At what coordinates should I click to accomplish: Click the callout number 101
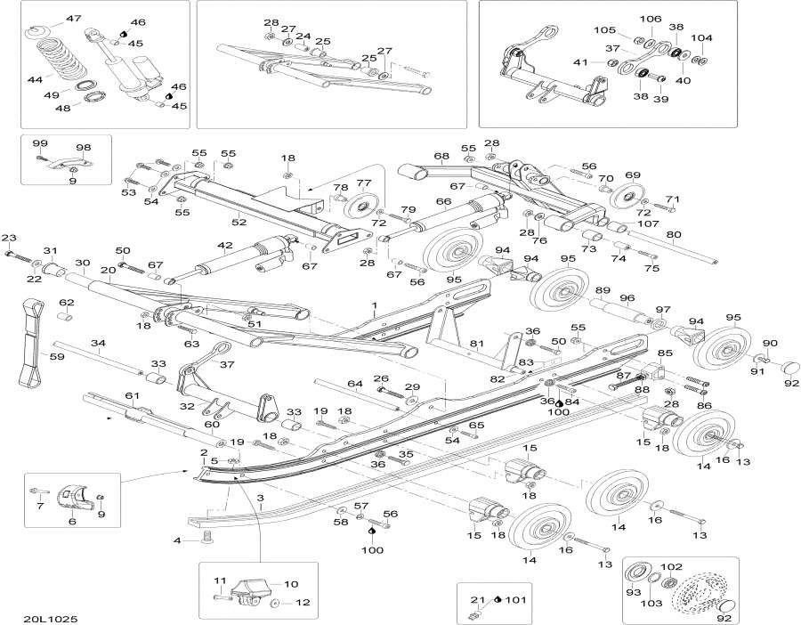click(515, 600)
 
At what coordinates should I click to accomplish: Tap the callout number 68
click(441, 157)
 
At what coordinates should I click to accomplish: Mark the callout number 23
click(9, 237)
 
